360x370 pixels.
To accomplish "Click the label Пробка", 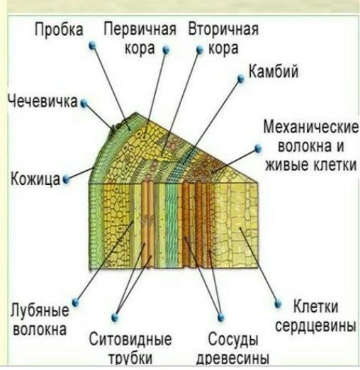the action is tap(59, 30).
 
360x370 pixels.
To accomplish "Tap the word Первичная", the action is tap(140, 29).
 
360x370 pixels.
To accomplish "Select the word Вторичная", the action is tap(223, 29).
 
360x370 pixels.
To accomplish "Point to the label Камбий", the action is tap(274, 71).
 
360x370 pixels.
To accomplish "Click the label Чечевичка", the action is tap(43, 101).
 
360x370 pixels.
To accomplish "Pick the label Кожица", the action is tap(35, 179).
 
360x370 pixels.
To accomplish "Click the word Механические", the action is tap(311, 127).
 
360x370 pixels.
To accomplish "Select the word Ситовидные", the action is tap(130, 340).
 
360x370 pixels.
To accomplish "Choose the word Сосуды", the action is tap(233, 340).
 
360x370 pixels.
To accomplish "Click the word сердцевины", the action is tap(315, 326).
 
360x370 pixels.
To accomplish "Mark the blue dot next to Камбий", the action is tap(241, 79).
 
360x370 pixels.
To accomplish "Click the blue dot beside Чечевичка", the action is tap(84, 103).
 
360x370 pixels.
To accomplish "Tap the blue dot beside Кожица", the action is tap(66, 179).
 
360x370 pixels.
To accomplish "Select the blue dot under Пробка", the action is tap(92, 45).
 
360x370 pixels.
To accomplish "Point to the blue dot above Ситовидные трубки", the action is tap(115, 318).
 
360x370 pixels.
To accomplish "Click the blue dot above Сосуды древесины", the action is tap(221, 318).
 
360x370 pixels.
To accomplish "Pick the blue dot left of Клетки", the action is tap(278, 303).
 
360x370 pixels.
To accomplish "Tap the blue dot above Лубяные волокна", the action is tap(75, 302).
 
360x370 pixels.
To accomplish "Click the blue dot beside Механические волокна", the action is tap(258, 149).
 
